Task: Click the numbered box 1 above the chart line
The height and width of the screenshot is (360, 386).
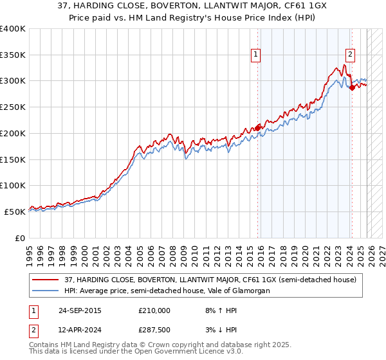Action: point(256,55)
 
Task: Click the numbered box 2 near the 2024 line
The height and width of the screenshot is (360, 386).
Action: point(350,55)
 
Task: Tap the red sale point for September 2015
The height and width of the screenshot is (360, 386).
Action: point(258,128)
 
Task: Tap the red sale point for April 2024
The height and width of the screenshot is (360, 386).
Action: point(352,88)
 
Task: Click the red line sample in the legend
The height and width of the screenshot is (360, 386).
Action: point(46,280)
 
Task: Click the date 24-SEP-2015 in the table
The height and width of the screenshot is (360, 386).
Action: point(79,310)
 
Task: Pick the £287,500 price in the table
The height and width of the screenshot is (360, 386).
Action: point(154,330)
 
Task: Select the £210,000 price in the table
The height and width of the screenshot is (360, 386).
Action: point(154,310)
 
